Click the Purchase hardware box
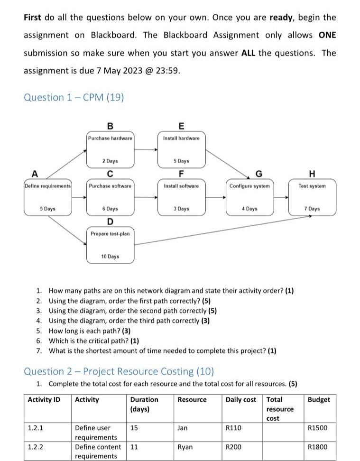tap(110, 148)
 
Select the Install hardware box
tap(181, 148)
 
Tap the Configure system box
tap(249, 196)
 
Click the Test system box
tap(312, 196)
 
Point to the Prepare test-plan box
tap(110, 245)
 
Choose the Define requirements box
tap(48, 196)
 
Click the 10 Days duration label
tap(110, 257)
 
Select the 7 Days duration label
tap(312, 209)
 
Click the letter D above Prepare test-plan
tap(110, 221)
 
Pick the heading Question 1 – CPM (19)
tap(74, 98)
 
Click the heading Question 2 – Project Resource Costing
tap(119, 371)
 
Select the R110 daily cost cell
tap(234, 428)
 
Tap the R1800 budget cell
tap(317, 447)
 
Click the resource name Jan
tap(183, 428)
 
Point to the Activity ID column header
tap(44, 400)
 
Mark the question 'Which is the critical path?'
tap(93, 341)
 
